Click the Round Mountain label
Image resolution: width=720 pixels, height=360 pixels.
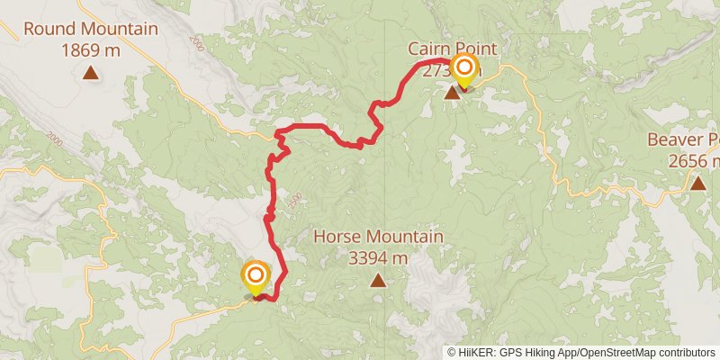pyautogui.click(x=90, y=29)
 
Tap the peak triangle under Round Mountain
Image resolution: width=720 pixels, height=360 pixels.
pyautogui.click(x=90, y=73)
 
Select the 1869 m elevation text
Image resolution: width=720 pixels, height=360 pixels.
pyautogui.click(x=90, y=50)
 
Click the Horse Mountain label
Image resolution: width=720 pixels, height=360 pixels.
pyautogui.click(x=378, y=237)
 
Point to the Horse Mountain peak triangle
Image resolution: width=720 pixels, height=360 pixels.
pyautogui.click(x=378, y=281)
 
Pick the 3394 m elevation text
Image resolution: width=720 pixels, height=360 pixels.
pyautogui.click(x=378, y=258)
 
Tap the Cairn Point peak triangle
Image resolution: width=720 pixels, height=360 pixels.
pyautogui.click(x=452, y=92)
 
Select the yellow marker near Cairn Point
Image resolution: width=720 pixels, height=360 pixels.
pyautogui.click(x=465, y=69)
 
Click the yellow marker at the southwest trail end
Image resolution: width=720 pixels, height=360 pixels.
pyautogui.click(x=256, y=276)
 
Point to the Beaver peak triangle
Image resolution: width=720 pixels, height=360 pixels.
pyautogui.click(x=697, y=184)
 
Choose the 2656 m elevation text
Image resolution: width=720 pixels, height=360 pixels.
pyautogui.click(x=693, y=161)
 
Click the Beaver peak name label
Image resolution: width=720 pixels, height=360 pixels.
pyautogui.click(x=684, y=139)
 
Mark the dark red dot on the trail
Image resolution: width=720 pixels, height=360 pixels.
pyautogui.click(x=269, y=217)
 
